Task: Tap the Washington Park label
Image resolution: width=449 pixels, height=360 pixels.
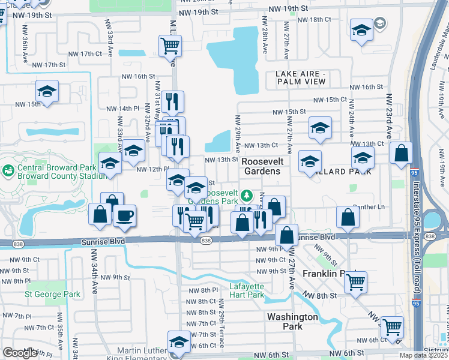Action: pos(292,322)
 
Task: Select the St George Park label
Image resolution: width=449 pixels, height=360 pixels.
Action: pos(52,295)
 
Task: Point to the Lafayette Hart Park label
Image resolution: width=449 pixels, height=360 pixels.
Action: pos(247,290)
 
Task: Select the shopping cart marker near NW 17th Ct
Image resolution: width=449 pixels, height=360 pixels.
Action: pos(170,45)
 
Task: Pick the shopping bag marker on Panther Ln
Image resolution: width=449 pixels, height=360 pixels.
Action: pos(348,217)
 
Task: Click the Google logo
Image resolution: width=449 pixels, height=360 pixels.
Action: pos(20,353)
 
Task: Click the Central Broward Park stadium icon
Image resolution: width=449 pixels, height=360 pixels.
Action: pos(8,172)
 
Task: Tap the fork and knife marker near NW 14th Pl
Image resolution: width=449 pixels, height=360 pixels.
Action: pos(172,101)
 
